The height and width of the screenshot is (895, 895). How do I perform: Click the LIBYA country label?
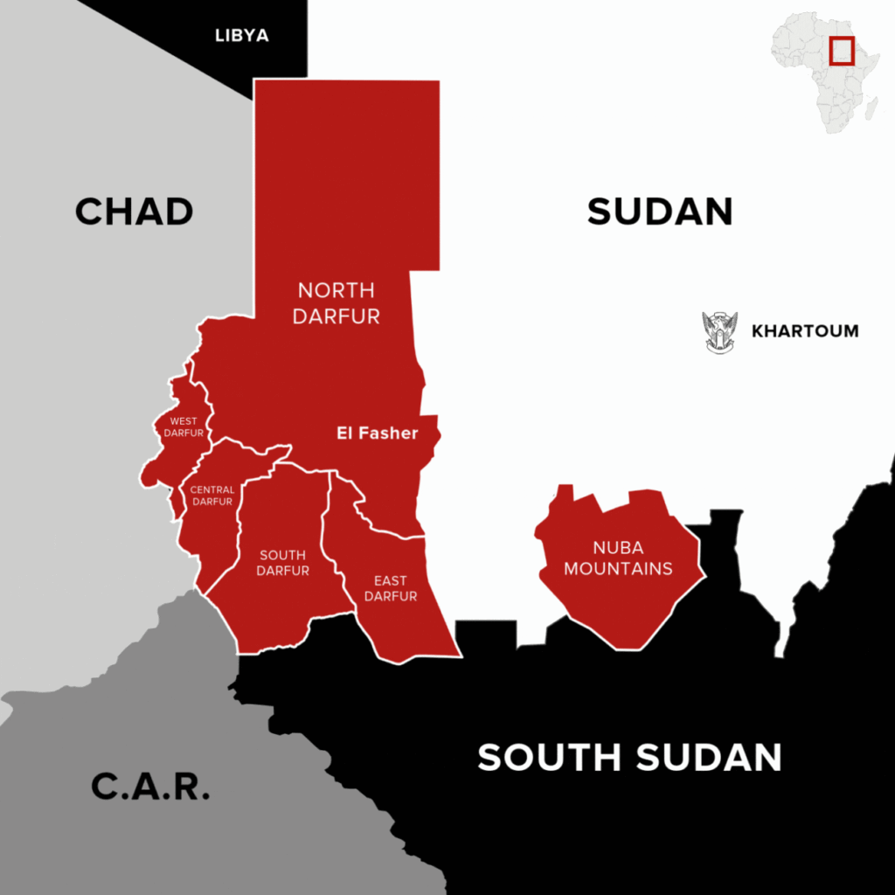point(242,36)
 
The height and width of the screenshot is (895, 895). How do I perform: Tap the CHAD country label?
point(134,212)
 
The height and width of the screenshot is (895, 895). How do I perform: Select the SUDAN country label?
point(660,212)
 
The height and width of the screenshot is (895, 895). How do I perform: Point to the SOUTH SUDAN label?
point(629,757)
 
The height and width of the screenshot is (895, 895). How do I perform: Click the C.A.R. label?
point(150,787)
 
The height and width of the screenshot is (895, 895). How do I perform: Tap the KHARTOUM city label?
point(805,331)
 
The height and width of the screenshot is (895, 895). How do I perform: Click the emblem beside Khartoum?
point(720,331)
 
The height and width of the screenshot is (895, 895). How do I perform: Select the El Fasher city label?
point(378,433)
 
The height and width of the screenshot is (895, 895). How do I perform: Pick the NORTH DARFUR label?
point(336,302)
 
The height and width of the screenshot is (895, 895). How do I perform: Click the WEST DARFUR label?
point(184,427)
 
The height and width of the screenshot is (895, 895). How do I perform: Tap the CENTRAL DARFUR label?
point(212,496)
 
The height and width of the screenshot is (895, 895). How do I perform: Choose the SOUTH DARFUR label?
point(283,563)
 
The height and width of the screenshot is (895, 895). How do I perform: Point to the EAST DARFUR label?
point(391,588)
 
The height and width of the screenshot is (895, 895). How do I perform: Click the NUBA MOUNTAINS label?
point(618,558)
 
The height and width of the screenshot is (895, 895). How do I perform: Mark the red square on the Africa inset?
point(842,50)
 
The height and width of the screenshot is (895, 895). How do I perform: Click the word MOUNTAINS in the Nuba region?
point(618,569)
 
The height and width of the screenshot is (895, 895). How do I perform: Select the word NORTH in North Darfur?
point(336,290)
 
